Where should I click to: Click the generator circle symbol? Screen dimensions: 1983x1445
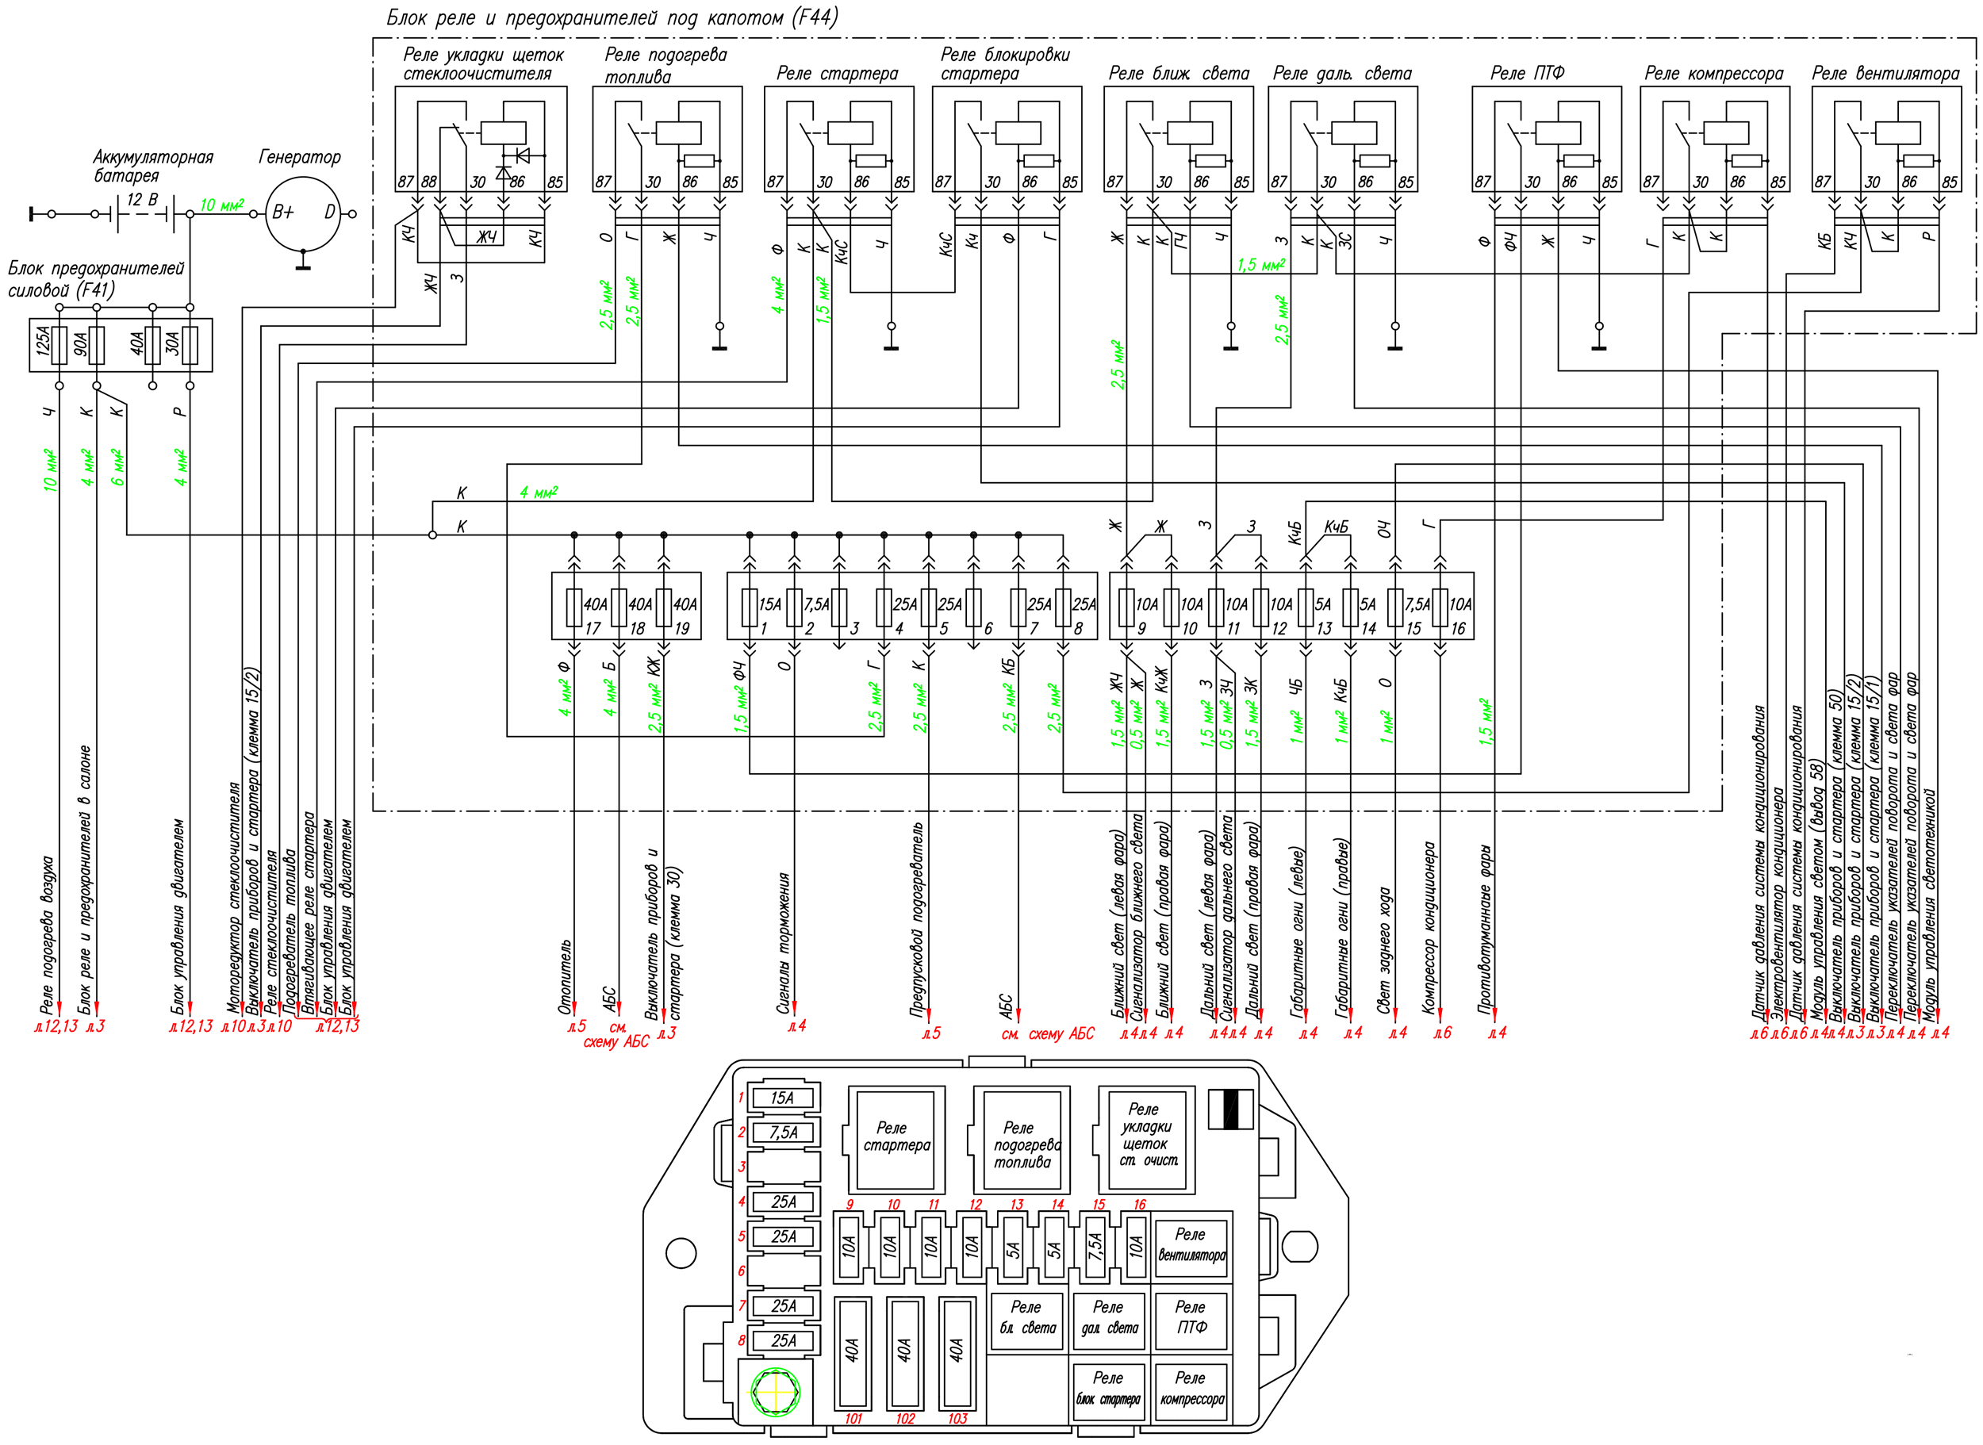pos(303,213)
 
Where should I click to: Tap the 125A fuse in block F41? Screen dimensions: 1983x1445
pos(59,346)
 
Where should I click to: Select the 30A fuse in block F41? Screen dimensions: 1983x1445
pos(190,346)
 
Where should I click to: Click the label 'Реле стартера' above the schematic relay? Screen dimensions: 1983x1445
pos(837,74)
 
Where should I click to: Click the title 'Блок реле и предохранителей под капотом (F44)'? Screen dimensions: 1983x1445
pos(612,17)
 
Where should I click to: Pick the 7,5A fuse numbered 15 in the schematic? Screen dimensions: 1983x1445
pos(1395,607)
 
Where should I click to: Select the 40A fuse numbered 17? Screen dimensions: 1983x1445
pos(573,607)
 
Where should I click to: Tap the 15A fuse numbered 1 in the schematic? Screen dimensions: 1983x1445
pos(750,607)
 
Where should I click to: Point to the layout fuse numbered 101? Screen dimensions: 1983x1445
pos(853,1352)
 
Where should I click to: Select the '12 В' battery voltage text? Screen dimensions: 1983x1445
pos(143,201)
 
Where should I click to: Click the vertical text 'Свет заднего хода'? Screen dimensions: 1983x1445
pos(1384,952)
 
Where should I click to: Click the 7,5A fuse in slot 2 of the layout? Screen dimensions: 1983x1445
pos(784,1133)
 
